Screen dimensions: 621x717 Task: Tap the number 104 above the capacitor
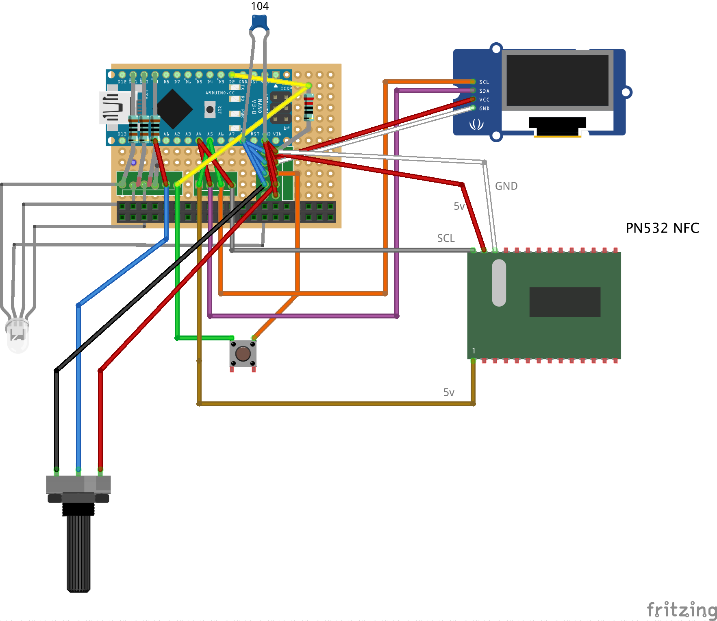tap(260, 6)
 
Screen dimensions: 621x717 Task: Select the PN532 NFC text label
tap(662, 228)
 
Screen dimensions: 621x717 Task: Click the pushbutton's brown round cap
tap(243, 353)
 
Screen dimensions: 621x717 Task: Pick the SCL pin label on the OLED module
tap(484, 82)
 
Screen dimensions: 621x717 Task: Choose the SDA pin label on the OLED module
tap(484, 91)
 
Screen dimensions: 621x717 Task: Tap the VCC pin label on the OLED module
tap(484, 100)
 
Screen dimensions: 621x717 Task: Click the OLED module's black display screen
tap(557, 80)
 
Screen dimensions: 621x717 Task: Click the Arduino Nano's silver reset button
tap(210, 109)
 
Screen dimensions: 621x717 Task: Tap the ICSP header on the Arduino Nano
tap(280, 108)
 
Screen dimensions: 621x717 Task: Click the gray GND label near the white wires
tap(506, 186)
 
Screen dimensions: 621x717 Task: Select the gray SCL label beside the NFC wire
tap(445, 238)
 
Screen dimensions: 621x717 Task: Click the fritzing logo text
tap(681, 610)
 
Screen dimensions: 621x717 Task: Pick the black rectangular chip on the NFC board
tap(565, 302)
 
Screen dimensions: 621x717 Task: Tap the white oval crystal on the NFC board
tap(499, 283)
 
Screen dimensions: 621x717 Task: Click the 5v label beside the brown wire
tap(449, 392)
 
